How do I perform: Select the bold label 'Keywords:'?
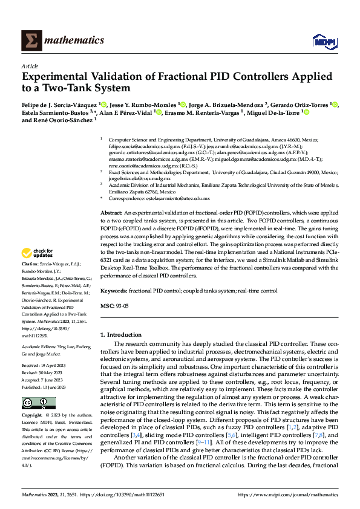point(114,291)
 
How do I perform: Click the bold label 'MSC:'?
point(106,306)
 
